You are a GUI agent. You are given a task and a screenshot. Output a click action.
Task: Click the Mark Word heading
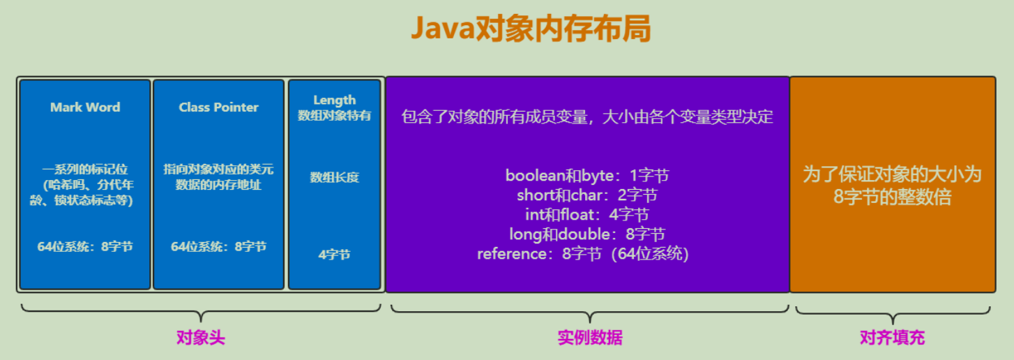coord(85,107)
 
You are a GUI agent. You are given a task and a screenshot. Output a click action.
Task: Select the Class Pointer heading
coord(218,107)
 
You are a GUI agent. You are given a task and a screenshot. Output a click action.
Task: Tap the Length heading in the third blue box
coord(334,100)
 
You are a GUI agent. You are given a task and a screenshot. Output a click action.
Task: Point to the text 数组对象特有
coord(334,116)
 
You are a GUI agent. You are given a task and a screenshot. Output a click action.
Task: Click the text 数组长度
coord(334,177)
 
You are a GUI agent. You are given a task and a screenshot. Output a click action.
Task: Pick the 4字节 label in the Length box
coord(334,255)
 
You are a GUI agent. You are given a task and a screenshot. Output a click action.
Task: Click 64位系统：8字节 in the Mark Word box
coord(85,246)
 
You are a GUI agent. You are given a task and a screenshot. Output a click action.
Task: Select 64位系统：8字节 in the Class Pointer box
coord(218,246)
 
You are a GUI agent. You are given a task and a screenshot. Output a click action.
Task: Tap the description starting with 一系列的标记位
coord(85,185)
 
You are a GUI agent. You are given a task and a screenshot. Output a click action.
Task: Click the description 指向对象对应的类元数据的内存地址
coord(218,177)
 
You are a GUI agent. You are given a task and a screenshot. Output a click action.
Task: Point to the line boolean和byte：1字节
coord(587,176)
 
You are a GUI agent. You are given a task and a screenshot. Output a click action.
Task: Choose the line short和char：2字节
coord(587,195)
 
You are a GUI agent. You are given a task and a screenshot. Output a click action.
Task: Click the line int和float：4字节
coord(587,215)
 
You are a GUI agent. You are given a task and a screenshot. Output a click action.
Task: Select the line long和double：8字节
coord(587,234)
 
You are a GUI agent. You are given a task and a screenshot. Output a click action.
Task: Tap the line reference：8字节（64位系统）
coord(583,254)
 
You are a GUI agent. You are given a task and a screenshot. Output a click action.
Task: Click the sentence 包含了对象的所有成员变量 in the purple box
coord(587,117)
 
